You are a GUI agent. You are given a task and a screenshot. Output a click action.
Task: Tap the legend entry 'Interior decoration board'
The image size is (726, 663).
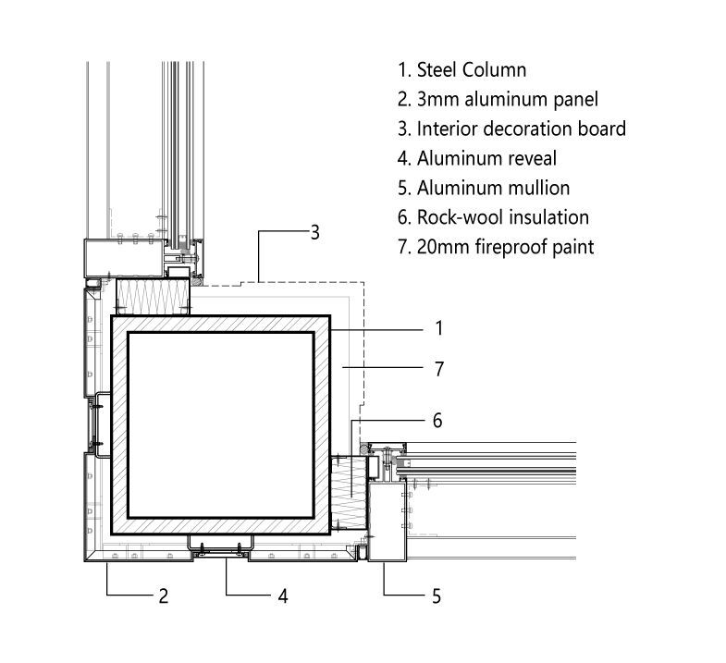(x=521, y=129)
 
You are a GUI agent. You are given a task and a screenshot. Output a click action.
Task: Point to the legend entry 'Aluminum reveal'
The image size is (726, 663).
(x=486, y=158)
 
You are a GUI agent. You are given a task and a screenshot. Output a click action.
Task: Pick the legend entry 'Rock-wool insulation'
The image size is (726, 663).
(x=502, y=217)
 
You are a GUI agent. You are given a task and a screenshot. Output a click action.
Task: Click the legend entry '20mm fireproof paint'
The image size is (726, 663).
(x=505, y=247)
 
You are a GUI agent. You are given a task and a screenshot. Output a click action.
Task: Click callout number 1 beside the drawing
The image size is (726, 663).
(x=439, y=328)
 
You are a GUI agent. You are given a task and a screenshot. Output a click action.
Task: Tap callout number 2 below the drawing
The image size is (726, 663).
(x=164, y=596)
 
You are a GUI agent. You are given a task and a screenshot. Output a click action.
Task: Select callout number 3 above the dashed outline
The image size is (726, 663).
(x=314, y=232)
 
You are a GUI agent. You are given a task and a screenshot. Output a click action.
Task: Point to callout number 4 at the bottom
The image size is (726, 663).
(x=283, y=596)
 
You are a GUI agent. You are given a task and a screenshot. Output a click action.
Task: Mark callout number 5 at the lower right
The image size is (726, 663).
(x=436, y=596)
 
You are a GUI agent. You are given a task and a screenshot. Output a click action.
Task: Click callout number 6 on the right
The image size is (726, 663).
(x=437, y=421)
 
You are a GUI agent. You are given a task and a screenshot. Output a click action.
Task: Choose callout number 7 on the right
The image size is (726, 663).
(x=439, y=369)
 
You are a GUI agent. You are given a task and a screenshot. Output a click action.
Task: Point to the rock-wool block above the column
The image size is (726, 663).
(x=154, y=296)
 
